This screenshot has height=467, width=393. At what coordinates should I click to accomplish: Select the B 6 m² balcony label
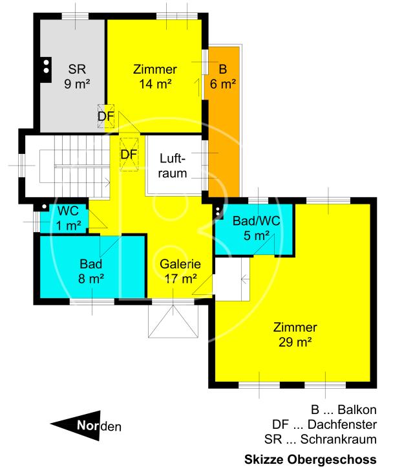(223, 76)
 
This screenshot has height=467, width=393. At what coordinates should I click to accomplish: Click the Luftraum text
(174, 166)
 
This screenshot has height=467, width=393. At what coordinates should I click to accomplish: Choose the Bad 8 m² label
(92, 271)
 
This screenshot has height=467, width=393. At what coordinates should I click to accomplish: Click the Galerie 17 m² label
(180, 272)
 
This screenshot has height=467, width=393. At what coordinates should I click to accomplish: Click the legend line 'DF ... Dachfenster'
(324, 425)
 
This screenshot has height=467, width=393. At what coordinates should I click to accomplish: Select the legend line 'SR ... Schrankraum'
(321, 440)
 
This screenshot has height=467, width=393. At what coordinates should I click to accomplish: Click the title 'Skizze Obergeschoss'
(310, 459)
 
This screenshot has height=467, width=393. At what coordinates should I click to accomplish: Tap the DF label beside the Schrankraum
(105, 116)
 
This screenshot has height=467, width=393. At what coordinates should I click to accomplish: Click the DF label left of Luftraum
(129, 155)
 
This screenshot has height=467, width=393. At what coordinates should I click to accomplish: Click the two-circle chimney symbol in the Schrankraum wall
(46, 66)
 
